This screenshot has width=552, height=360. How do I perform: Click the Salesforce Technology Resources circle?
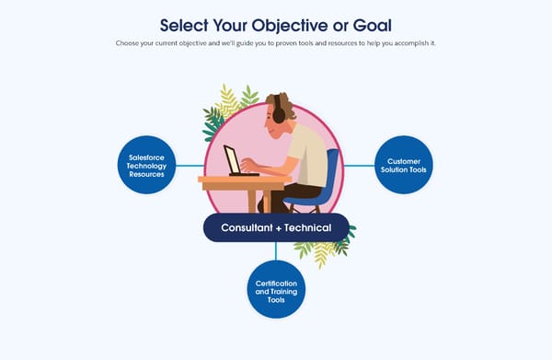pos(146,166)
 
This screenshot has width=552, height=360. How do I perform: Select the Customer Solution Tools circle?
pos(404,166)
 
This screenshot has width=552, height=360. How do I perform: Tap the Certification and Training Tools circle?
pos(276,290)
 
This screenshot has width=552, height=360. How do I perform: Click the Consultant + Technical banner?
pos(276,227)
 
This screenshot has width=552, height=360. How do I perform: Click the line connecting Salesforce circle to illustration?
pos(189,166)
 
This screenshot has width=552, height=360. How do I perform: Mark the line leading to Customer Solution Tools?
pos(360,166)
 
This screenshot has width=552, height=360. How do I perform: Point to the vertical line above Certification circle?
pos(276,251)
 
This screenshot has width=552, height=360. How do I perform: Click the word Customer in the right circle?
pos(404,160)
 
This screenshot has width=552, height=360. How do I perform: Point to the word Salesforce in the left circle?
pos(146,157)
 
